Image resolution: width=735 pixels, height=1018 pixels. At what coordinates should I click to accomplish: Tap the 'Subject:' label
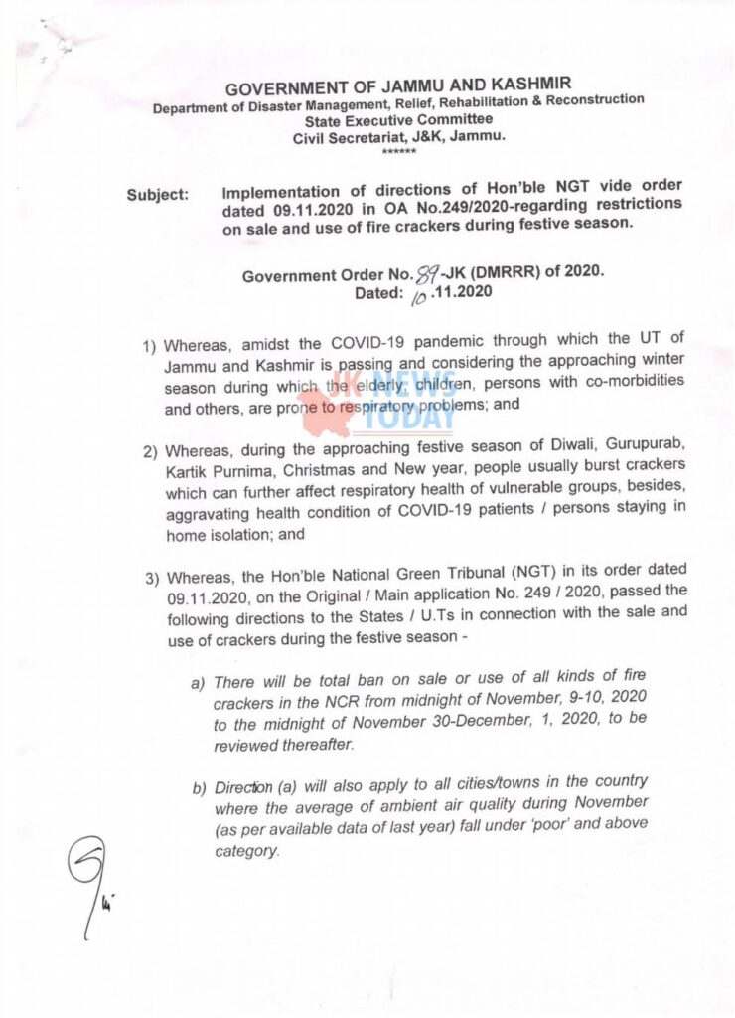click(x=157, y=195)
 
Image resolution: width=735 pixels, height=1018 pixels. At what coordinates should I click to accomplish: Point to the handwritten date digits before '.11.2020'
click(x=416, y=294)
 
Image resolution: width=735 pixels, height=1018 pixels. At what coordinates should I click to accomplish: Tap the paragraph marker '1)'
click(x=150, y=347)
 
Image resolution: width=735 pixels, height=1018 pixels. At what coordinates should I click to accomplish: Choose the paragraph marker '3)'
click(x=151, y=578)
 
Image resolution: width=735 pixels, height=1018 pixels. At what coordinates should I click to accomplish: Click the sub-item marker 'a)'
click(x=198, y=683)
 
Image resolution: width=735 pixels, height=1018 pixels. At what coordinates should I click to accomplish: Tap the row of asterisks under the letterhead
click(x=398, y=150)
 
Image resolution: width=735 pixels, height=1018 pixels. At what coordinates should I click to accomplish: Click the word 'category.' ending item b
click(x=247, y=851)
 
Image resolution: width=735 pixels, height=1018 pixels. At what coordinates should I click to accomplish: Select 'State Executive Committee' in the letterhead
click(x=398, y=119)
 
